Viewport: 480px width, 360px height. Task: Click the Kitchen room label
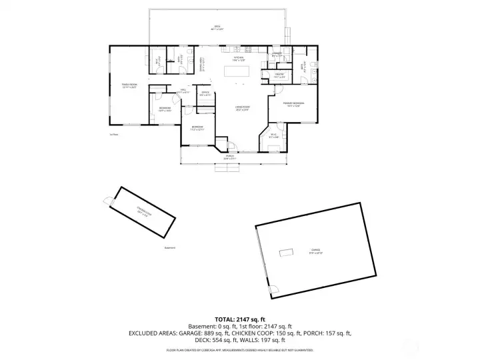point(238,59)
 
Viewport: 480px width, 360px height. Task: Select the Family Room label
point(129,85)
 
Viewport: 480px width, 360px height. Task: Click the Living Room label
point(242,108)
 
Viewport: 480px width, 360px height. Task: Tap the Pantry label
point(279,75)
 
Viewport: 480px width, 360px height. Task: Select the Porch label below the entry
point(229,157)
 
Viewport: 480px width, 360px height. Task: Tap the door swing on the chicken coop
point(107,200)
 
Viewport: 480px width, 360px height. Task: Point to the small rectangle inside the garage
point(287,252)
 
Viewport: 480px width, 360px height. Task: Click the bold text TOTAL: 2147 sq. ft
point(239,319)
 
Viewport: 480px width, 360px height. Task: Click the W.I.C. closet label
point(274,136)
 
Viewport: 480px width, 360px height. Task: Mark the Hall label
point(183,91)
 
